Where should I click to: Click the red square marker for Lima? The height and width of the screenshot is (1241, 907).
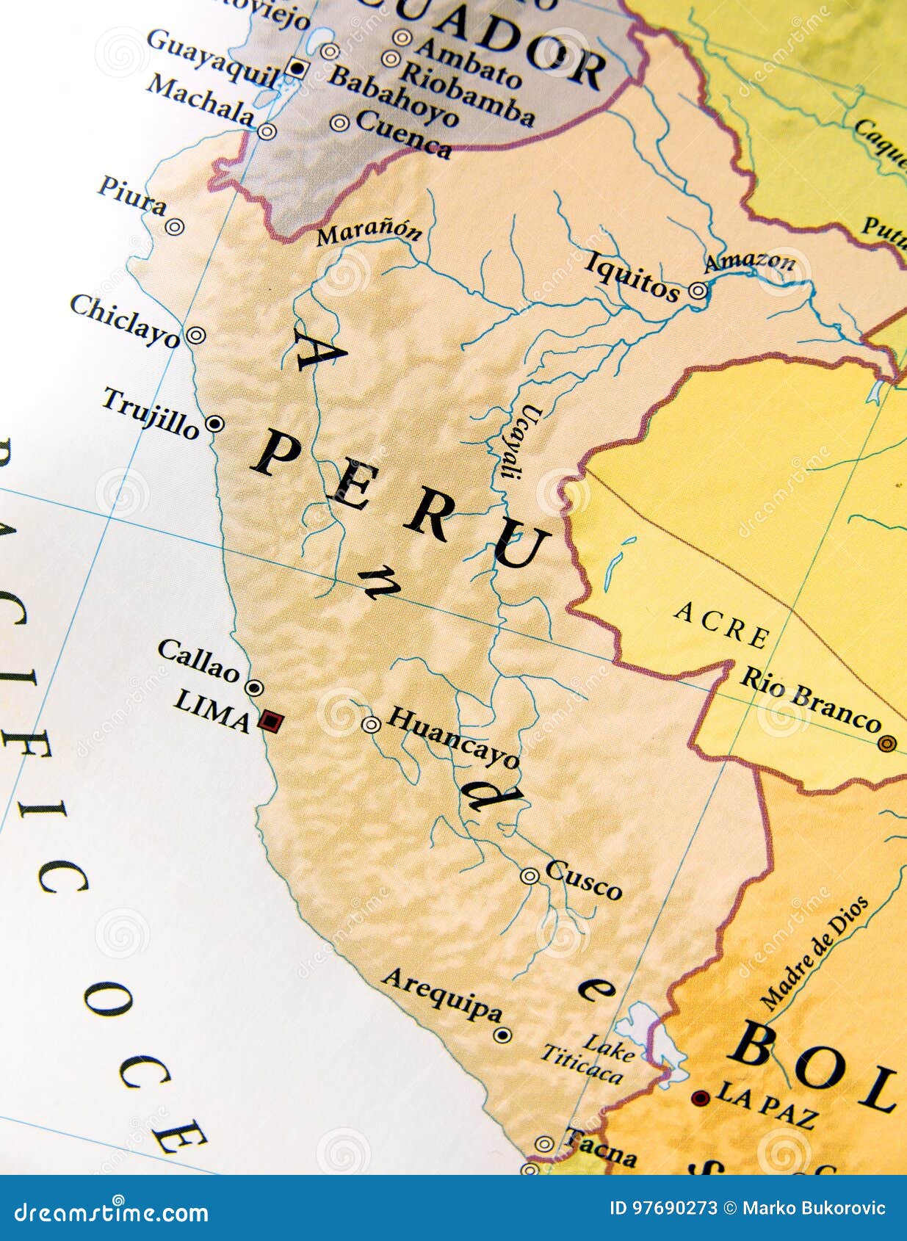(x=270, y=722)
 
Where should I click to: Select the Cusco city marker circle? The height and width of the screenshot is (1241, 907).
(x=530, y=875)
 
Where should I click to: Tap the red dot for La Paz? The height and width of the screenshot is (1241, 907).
(x=700, y=1099)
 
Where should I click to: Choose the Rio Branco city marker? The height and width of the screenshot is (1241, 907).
(x=886, y=744)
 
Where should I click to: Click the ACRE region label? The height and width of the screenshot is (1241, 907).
(x=722, y=624)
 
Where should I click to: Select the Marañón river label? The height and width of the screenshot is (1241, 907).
(x=369, y=233)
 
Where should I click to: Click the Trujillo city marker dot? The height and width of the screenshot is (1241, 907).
(x=214, y=424)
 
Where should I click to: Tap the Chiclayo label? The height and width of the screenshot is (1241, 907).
(x=125, y=321)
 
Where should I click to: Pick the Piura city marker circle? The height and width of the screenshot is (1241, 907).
(x=174, y=227)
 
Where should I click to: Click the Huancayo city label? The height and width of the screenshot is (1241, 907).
(x=453, y=736)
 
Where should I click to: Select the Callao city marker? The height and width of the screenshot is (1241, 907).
(x=254, y=688)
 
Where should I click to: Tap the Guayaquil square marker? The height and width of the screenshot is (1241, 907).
(x=297, y=68)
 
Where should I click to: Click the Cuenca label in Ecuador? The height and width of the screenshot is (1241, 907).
(x=403, y=133)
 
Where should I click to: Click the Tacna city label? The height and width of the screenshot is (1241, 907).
(x=599, y=1148)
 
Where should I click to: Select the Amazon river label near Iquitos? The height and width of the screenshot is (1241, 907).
(x=750, y=260)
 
